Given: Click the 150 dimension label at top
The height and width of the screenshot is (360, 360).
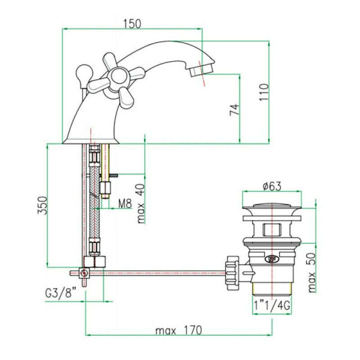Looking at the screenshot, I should [x=132, y=23].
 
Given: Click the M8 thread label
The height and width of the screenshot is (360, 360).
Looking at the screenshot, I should [x=124, y=204].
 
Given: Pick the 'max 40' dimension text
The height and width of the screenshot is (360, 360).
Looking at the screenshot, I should [x=140, y=203].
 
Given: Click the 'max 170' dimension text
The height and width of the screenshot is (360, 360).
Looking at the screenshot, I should [x=178, y=331].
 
